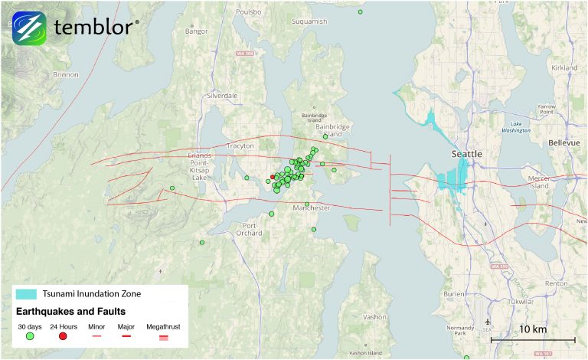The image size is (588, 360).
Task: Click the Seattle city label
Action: click(466, 154)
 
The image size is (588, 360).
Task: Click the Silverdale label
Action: click(223, 96)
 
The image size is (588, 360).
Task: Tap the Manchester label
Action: click(312, 208)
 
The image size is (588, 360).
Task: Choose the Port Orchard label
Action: click(250, 228)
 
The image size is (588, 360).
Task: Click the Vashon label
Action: click(374, 316)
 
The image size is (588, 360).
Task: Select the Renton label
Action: click(556, 283)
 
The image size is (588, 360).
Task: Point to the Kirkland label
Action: click(563, 68)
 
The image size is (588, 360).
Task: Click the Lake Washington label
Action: click(516, 126)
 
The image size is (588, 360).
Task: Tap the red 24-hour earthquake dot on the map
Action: click(273, 176)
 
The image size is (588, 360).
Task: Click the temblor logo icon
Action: click(29, 28)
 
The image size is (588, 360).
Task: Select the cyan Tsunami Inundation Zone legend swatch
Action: click(27, 294)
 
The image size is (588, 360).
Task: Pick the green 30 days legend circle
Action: click(29, 336)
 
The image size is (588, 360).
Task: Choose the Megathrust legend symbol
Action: click(163, 336)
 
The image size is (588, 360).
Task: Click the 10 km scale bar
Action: click(532, 339)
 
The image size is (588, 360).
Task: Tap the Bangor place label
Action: click(197, 31)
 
